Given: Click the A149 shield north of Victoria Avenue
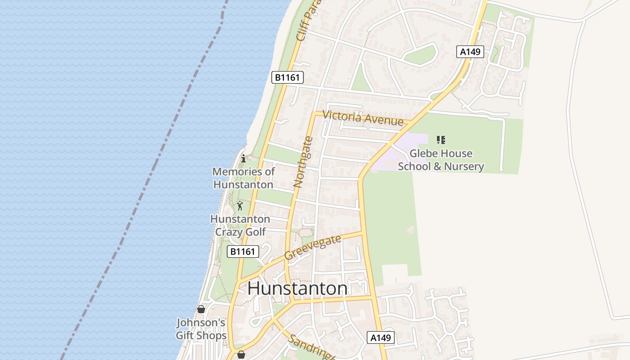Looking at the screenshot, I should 470,52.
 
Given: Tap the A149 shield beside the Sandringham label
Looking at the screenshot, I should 381,337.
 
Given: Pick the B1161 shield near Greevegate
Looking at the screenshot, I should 243,252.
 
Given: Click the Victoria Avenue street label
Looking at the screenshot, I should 363,118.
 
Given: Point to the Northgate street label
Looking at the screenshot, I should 303,162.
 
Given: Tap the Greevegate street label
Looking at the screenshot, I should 313,248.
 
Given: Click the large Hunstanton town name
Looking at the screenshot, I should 297,288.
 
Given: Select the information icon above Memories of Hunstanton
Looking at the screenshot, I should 243,158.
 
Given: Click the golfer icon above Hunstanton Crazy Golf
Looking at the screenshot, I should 240,206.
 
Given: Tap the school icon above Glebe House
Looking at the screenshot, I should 441,140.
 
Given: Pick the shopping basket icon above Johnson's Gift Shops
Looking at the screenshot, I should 201,309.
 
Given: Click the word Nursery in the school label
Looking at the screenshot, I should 464,166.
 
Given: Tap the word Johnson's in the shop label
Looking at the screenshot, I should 201,323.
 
